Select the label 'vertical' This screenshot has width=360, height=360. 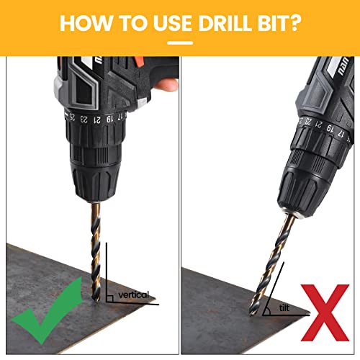132,294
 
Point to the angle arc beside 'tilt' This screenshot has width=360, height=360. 267,307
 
